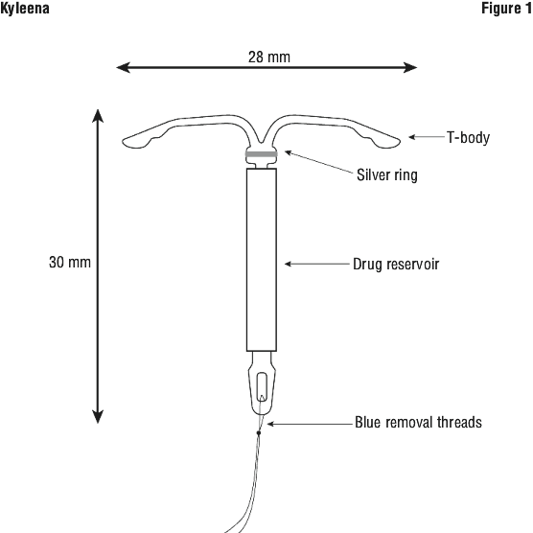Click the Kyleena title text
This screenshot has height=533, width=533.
25,9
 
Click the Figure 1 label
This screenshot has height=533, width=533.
506,9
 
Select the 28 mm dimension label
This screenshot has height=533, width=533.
269,57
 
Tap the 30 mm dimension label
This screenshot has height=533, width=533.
70,262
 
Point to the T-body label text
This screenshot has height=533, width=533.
468,138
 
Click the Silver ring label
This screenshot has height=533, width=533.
387,175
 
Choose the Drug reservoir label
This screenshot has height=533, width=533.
396,265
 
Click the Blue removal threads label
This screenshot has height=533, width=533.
419,422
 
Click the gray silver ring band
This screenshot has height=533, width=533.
262,154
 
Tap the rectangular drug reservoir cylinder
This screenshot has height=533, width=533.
262,260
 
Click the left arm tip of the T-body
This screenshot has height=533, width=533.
124,140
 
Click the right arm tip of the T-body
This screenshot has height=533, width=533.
399,140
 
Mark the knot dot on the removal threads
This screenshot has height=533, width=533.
259,432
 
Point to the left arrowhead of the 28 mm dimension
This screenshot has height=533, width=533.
123,67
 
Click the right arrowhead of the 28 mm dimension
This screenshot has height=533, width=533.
410,67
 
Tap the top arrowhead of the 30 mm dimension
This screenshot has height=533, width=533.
98,116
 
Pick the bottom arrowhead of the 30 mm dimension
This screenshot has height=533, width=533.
98,417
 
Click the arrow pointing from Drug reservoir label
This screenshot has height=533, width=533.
316,264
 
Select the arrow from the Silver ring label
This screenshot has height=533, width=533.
319,162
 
